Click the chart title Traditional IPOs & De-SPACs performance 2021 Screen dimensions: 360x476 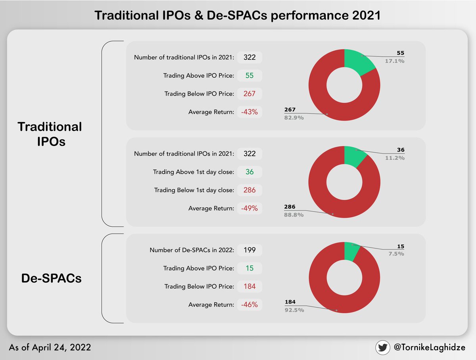pos(238,16)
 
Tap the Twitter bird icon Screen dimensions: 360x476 pos(383,347)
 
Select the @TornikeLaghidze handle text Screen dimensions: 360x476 pos(430,347)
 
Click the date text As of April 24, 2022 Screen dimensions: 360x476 pos(50,347)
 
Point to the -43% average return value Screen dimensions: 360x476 pos(250,112)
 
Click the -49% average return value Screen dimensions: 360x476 pos(250,208)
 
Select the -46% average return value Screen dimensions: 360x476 pos(250,304)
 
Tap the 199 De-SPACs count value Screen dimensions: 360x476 pos(250,250)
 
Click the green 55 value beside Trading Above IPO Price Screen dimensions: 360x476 pos(250,75)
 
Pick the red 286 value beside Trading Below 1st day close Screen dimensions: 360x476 pos(250,190)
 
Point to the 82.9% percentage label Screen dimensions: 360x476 pos(294,117)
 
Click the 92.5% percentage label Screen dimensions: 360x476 pos(294,310)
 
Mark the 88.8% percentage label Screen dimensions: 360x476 pos(294,214)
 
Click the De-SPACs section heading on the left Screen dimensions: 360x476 pos(51,278)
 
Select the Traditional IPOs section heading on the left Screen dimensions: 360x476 pos(50,134)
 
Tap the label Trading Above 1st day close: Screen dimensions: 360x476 pos(194,172)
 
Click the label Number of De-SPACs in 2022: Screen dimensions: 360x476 pos(192,250)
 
